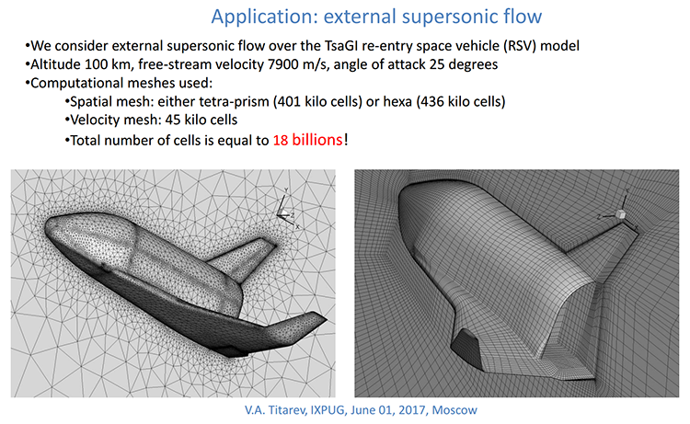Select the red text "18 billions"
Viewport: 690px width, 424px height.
tap(307, 140)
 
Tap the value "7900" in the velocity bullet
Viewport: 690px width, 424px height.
tap(282, 64)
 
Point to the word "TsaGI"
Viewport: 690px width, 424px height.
tap(341, 46)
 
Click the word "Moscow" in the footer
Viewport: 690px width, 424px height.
tap(454, 410)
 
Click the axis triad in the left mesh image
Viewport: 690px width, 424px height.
tap(287, 212)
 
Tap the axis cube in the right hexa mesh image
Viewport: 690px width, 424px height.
tap(620, 214)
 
